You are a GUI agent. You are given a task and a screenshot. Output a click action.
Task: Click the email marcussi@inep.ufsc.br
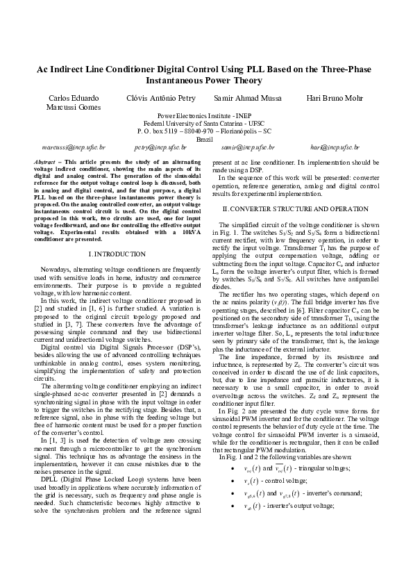coord(74,147)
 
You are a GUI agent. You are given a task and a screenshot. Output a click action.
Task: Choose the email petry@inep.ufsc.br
coord(160,147)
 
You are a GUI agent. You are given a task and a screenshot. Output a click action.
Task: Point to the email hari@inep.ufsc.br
coord(335,147)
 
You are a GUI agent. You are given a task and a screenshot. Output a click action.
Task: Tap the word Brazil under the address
coord(205,139)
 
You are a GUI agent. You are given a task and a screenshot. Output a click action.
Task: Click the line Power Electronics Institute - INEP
coord(205,115)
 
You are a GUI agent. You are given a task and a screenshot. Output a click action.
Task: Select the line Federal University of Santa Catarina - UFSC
coord(205,123)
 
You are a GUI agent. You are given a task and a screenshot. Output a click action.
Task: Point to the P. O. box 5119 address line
coord(205,131)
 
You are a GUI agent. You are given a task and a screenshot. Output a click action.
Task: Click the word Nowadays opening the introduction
coord(56,268)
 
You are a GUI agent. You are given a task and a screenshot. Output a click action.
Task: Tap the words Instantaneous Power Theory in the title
coord(205,80)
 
